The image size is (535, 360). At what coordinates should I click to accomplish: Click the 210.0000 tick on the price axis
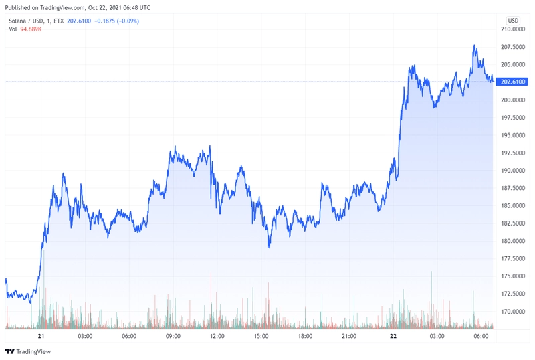pyautogui.click(x=512, y=29)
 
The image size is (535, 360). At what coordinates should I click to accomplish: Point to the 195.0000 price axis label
pyautogui.click(x=512, y=135)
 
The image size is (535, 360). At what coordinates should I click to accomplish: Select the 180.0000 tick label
pyautogui.click(x=512, y=241)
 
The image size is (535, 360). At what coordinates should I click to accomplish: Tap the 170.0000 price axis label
pyautogui.click(x=512, y=312)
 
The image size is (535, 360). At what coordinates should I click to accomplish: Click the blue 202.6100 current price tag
pyautogui.click(x=513, y=82)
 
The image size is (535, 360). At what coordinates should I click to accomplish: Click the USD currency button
pyautogui.click(x=513, y=21)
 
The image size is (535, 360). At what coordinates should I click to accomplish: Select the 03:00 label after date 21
pyautogui.click(x=85, y=336)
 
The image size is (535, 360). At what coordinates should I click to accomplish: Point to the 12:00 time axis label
pyautogui.click(x=217, y=336)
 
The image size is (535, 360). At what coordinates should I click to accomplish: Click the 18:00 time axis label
pyautogui.click(x=305, y=336)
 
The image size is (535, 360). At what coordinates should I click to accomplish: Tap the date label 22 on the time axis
pyautogui.click(x=393, y=336)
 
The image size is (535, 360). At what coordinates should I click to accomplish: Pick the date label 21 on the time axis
pyautogui.click(x=41, y=336)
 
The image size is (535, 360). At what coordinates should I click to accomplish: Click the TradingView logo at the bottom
pyautogui.click(x=27, y=351)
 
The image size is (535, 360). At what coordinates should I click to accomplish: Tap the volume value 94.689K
pyautogui.click(x=31, y=29)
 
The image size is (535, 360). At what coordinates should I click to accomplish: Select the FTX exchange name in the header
pyautogui.click(x=59, y=21)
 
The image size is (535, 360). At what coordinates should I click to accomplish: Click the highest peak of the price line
pyautogui.click(x=474, y=46)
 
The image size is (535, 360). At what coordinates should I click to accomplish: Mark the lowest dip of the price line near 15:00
pyautogui.click(x=269, y=247)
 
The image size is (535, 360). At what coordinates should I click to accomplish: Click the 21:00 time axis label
pyautogui.click(x=348, y=336)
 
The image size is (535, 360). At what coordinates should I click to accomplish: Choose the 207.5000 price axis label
pyautogui.click(x=512, y=47)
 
